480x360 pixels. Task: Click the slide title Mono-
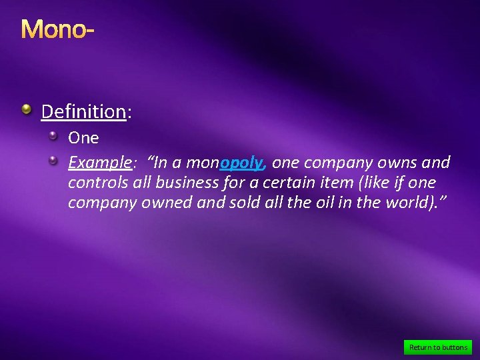(x=57, y=29)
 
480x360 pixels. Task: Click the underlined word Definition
(x=83, y=111)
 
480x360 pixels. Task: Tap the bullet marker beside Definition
(x=26, y=109)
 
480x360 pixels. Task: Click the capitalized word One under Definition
(x=83, y=138)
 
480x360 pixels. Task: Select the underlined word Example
(x=99, y=163)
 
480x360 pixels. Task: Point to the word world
(x=402, y=203)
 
